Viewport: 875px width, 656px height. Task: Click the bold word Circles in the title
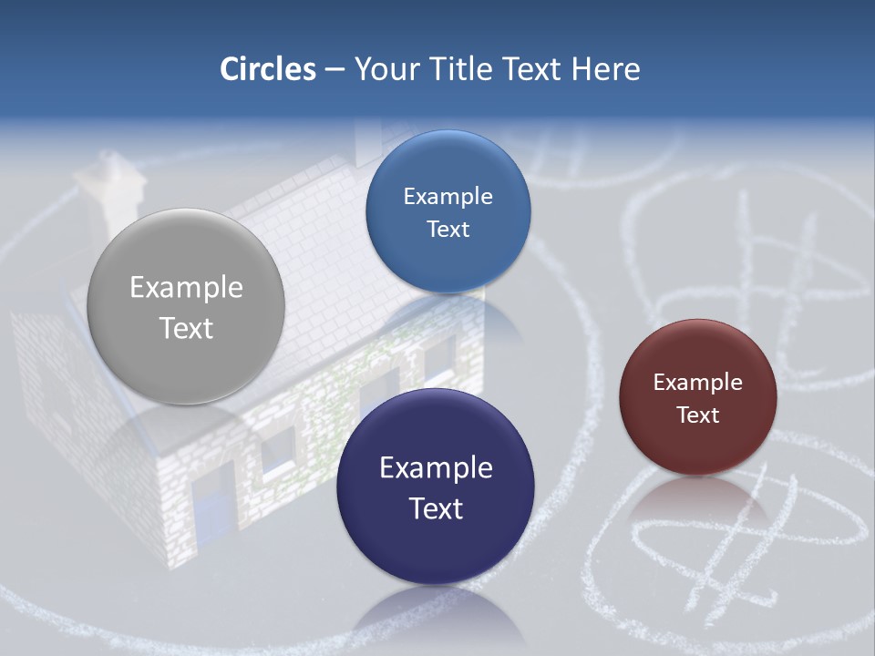[x=268, y=69]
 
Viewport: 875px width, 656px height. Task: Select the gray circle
[x=186, y=306]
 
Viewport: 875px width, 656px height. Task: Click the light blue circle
[x=448, y=211]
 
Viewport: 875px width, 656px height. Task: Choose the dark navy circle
[x=435, y=487]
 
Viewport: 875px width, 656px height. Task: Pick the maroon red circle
[x=697, y=397]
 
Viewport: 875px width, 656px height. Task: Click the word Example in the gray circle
[x=186, y=287]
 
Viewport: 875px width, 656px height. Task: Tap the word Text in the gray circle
[x=186, y=328]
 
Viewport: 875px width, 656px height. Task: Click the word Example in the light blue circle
[x=448, y=196]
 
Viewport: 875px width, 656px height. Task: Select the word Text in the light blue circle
[x=448, y=229]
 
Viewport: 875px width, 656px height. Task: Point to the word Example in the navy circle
[x=436, y=467]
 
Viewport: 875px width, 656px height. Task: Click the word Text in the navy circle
[x=436, y=508]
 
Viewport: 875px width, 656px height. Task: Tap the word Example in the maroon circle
[x=697, y=382]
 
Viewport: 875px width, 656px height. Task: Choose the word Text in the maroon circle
[x=697, y=415]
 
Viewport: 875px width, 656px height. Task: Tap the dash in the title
[x=334, y=70]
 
